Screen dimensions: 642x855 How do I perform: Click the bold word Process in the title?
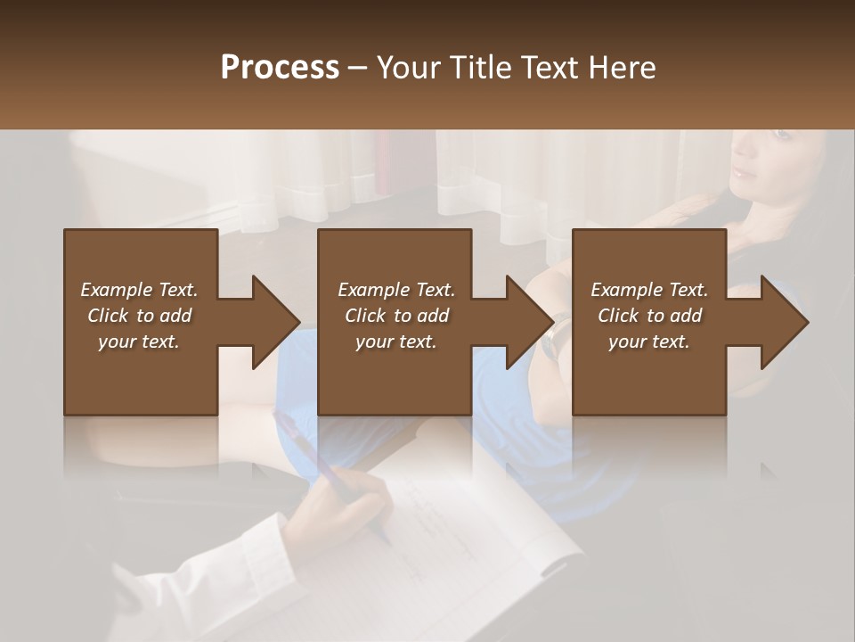[x=280, y=68]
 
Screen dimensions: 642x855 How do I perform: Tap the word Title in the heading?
[x=482, y=68]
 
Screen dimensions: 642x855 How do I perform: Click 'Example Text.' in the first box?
[x=139, y=290]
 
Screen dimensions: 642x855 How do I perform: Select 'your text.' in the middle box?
[x=395, y=342]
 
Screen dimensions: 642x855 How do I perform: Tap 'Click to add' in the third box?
[x=649, y=316]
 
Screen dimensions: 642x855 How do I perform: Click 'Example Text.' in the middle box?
[x=395, y=290]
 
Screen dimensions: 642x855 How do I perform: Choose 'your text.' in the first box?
[x=139, y=342]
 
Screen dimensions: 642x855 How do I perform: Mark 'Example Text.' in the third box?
[x=649, y=290]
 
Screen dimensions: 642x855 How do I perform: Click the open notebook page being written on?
[x=463, y=535]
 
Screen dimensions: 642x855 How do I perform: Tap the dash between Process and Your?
[x=358, y=69]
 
